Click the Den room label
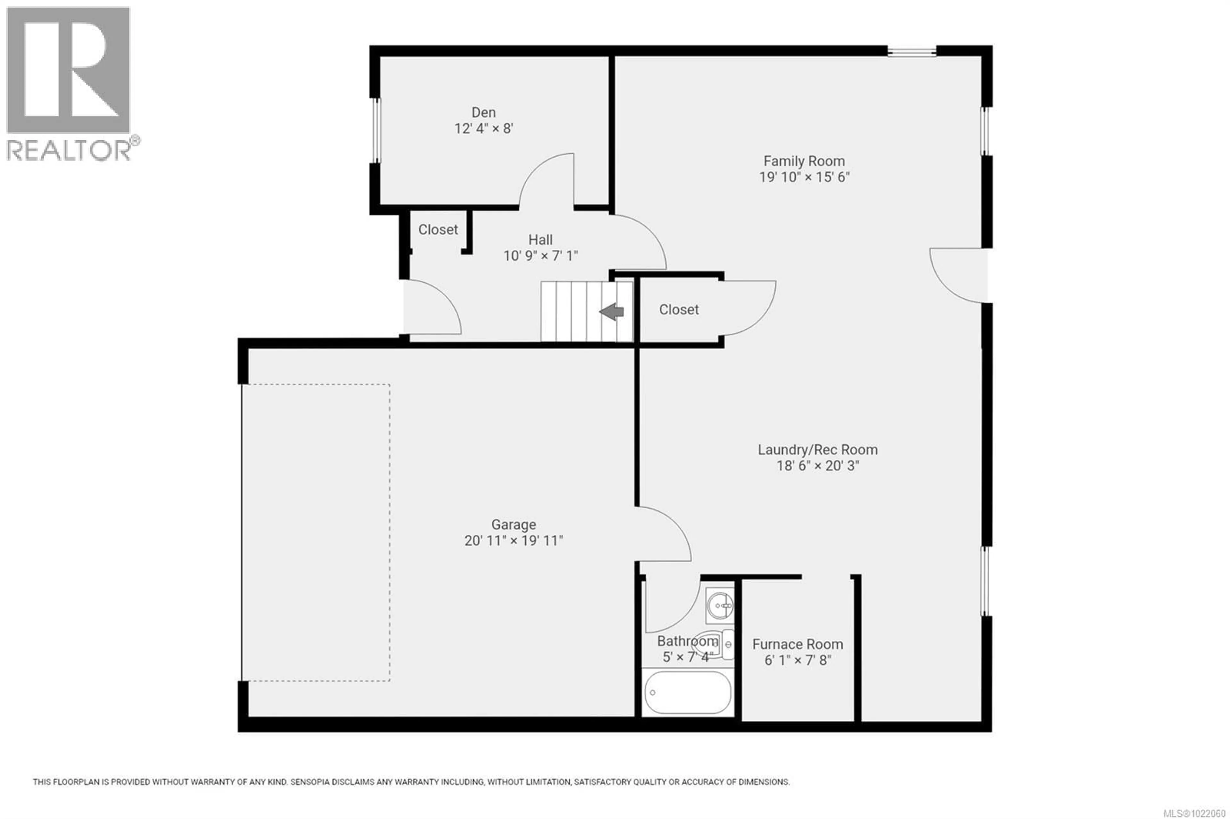click(x=483, y=112)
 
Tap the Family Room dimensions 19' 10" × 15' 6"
click(x=804, y=177)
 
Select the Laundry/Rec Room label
click(x=817, y=450)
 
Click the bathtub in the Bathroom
click(x=687, y=692)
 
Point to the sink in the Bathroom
click(x=719, y=606)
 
